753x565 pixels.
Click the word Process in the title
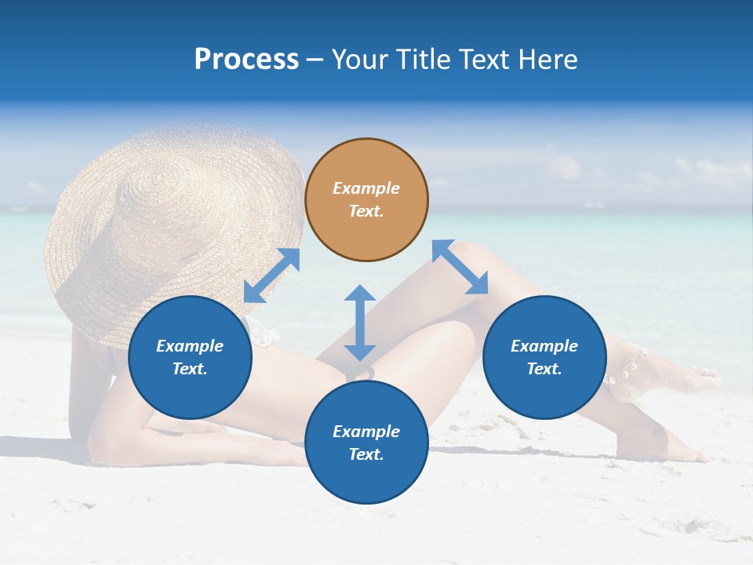click(x=246, y=60)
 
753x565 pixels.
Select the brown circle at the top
click(x=366, y=199)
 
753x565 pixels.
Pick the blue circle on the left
click(x=190, y=357)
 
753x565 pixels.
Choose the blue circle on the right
click(x=544, y=357)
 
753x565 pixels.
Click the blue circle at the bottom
click(x=366, y=443)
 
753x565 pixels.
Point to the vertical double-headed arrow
click(x=360, y=323)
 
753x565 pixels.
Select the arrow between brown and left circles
click(x=271, y=275)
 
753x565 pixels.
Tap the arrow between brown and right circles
click(x=460, y=268)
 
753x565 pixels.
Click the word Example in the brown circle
click(x=366, y=188)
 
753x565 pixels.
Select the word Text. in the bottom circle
click(x=366, y=454)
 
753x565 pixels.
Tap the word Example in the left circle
click(x=190, y=346)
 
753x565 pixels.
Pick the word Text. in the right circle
click(x=544, y=369)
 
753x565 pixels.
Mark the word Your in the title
click(x=359, y=60)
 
